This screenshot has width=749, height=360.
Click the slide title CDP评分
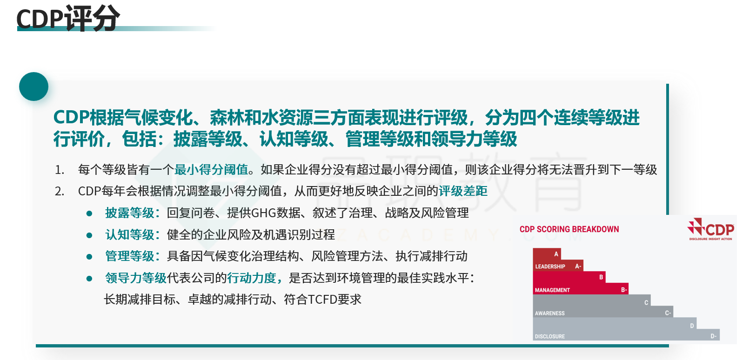[68, 18]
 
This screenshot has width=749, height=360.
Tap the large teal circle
[34, 87]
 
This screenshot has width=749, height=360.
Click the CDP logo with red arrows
[710, 229]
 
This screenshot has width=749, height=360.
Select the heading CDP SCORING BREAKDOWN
[569, 229]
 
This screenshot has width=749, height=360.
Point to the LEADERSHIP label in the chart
[550, 267]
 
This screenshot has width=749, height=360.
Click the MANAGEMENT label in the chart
[552, 290]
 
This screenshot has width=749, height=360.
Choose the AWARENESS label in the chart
[550, 313]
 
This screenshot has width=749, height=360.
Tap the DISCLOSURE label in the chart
[550, 336]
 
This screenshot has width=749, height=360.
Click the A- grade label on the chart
[578, 267]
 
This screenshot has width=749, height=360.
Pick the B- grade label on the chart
[624, 290]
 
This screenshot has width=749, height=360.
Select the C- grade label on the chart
[668, 313]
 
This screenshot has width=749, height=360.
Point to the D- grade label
[714, 336]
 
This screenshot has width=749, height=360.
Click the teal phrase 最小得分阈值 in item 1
[211, 169]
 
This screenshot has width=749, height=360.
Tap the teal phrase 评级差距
[463, 191]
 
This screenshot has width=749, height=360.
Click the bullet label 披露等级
[130, 213]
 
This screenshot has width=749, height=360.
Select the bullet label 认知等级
[130, 234]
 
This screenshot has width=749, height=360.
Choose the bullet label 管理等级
[130, 256]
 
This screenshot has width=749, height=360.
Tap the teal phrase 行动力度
[251, 278]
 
